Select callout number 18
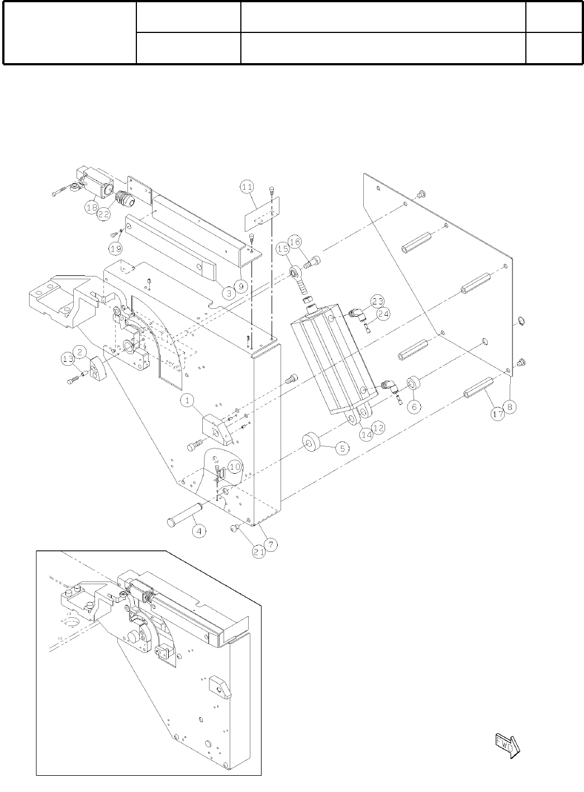(92, 207)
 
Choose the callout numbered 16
(295, 242)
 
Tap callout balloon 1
(187, 400)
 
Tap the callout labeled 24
(383, 314)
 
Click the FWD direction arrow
(507, 745)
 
